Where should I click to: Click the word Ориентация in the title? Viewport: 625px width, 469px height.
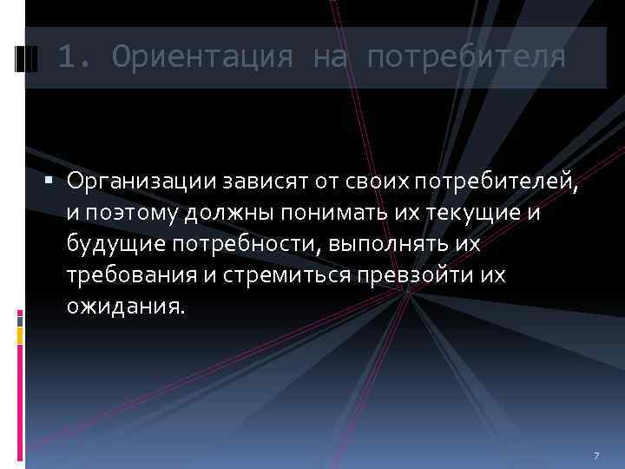point(202,57)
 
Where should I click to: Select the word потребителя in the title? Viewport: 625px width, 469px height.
point(466,57)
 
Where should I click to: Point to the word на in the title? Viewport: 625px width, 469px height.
point(330,57)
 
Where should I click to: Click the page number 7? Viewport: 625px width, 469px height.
point(596,456)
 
